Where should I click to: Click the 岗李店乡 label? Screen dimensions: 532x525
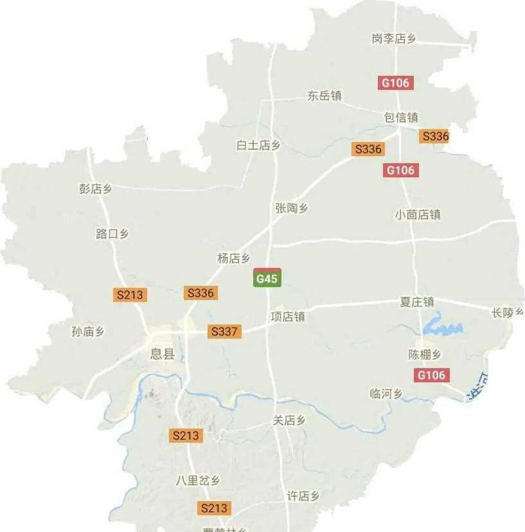pos(393,39)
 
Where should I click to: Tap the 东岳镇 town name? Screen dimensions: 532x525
pos(324,96)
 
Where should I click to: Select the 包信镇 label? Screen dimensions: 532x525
pos(401,117)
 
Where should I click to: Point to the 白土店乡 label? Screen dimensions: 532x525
pos(258,145)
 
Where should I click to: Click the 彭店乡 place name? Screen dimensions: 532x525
pos(96,189)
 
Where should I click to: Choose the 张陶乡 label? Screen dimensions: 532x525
pos(291,208)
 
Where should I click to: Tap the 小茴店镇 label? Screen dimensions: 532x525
pos(417,214)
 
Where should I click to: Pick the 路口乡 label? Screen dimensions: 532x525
pos(112,234)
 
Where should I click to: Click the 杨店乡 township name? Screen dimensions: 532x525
pos(234,258)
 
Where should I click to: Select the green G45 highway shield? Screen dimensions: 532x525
pos(267,278)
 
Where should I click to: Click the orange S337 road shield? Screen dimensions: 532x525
pos(224,331)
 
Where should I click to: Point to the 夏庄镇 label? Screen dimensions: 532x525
pos(417,302)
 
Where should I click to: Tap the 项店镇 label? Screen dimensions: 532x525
pos(288,317)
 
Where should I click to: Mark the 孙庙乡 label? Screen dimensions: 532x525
pos(88,331)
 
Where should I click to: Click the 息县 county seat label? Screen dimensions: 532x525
pos(162,354)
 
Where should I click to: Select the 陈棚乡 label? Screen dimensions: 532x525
pos(424,354)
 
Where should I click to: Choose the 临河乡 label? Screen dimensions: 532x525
pos(386,393)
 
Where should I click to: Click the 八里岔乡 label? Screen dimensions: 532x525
pos(197,480)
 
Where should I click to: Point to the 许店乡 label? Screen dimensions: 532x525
pos(303,496)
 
